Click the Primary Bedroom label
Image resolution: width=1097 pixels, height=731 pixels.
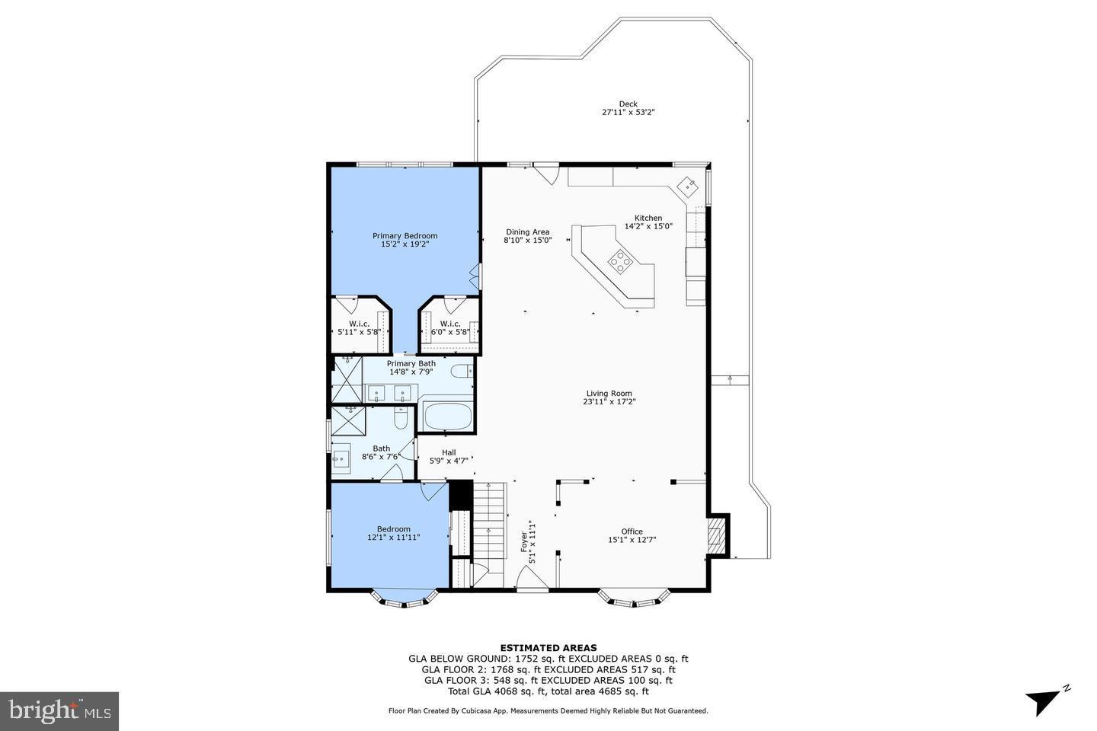pos(405,236)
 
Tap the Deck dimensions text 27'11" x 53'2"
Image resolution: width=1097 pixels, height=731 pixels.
pos(628,113)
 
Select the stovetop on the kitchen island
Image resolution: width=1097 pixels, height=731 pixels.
pos(620,262)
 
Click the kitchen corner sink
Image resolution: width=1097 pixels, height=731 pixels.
pos(689,186)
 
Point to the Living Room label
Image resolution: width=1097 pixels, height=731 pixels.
pos(609,394)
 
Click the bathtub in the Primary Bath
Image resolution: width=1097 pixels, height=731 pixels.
pos(448,417)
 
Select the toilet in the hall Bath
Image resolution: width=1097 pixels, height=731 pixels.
pos(401,419)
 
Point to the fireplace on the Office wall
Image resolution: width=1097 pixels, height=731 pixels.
pos(715,536)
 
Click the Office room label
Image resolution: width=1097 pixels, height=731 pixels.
pos(632,531)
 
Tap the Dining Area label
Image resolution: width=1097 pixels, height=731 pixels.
pos(527,232)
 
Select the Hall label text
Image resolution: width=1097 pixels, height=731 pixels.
pos(449,452)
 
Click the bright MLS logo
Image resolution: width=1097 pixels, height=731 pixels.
pos(59,711)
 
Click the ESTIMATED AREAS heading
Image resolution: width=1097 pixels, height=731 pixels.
pos(548,648)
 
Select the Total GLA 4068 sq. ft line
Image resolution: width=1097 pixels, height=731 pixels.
pos(548,691)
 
